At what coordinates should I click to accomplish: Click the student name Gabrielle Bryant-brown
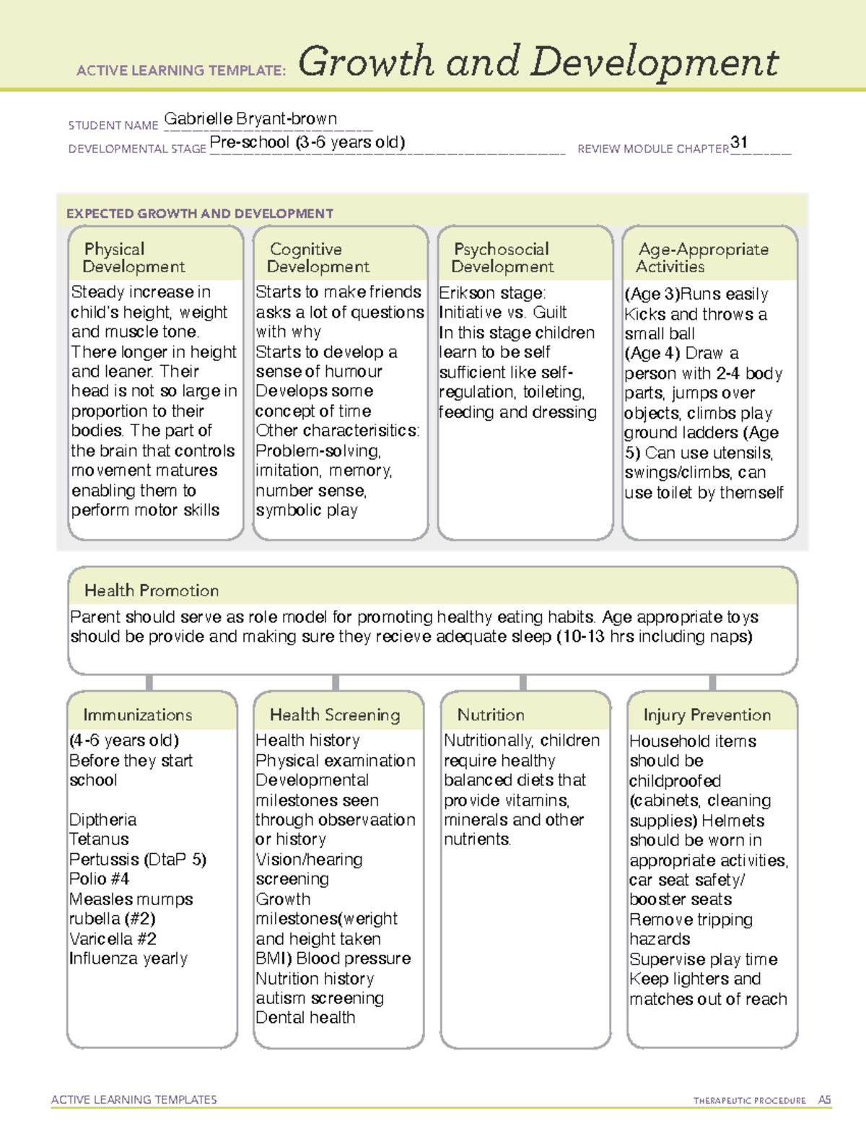coord(250,119)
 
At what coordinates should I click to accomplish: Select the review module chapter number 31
coord(739,142)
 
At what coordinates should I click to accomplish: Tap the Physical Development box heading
coord(134,258)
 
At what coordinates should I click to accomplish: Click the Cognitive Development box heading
coord(318,258)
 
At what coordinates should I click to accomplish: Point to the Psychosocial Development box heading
coord(502,258)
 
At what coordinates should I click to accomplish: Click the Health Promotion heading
coord(152,590)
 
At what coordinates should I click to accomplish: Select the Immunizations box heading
coord(137,715)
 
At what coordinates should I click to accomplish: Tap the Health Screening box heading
coord(335,715)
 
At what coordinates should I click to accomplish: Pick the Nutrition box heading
coord(491,715)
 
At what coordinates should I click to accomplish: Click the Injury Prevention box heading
coord(707,715)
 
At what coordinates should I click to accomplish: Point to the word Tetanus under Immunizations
coord(99,839)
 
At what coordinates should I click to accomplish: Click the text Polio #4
coord(99,879)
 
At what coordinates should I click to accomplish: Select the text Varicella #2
coord(113,939)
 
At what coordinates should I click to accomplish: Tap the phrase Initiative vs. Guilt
coord(503,313)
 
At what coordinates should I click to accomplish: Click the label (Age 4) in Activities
coord(652,354)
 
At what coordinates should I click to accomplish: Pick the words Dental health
coord(305,1018)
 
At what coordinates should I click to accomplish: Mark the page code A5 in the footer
coord(824,1100)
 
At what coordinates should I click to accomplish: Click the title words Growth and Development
coord(538,62)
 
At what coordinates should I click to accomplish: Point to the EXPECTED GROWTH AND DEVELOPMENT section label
coord(200,214)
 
